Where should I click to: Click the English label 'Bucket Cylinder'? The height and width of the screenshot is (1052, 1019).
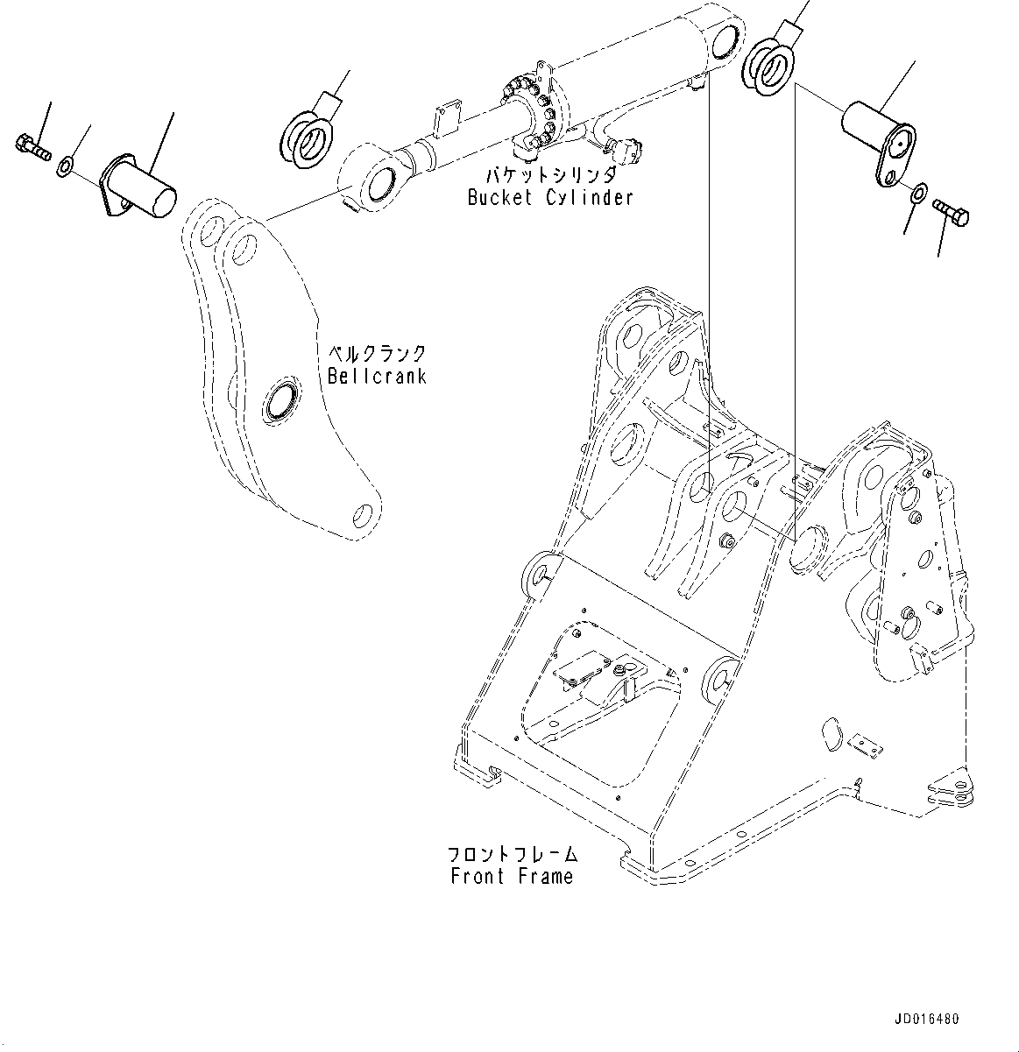click(x=549, y=197)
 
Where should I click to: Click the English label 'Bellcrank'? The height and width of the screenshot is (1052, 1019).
click(x=376, y=376)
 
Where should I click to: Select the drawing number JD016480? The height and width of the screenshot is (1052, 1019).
click(x=926, y=1020)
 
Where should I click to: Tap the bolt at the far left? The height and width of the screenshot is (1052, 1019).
click(x=32, y=146)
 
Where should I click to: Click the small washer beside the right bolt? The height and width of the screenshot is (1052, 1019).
click(x=916, y=192)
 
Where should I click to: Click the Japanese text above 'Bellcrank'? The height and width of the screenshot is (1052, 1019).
click(x=376, y=354)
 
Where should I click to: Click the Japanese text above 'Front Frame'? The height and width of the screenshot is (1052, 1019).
click(x=512, y=853)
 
